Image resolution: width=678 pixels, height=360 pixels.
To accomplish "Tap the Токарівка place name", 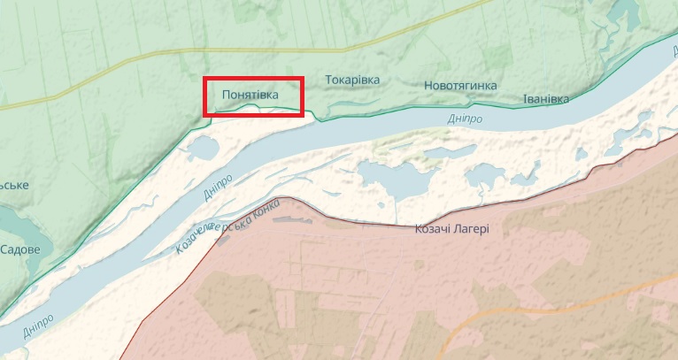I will coord(352,80).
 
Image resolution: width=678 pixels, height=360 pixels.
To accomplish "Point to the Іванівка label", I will coord(545,98).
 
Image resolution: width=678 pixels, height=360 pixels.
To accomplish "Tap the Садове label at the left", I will coord(19,249).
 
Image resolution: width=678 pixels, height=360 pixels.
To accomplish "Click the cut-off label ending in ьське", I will coord(13,185).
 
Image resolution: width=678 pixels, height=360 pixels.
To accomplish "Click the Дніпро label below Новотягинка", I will coord(463,117).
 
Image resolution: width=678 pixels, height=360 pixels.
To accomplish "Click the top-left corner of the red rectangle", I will coord(205,79).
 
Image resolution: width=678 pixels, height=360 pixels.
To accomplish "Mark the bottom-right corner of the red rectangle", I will coord(304,115).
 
